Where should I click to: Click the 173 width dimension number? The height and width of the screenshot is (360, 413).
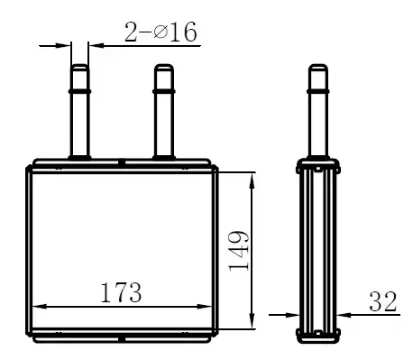click(x=121, y=292)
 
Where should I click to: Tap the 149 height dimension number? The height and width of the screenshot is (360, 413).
click(x=239, y=251)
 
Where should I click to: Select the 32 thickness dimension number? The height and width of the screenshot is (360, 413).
click(x=383, y=301)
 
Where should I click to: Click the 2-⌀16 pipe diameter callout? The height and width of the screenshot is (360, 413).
click(x=161, y=32)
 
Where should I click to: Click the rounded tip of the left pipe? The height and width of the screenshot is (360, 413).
click(x=79, y=66)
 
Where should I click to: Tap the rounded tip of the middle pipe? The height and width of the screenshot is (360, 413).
click(x=164, y=66)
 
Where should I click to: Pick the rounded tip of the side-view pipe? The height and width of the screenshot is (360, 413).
click(x=318, y=66)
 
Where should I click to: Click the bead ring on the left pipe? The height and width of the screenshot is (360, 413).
click(x=79, y=91)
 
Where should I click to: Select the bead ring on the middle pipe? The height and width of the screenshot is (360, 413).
click(x=164, y=91)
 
